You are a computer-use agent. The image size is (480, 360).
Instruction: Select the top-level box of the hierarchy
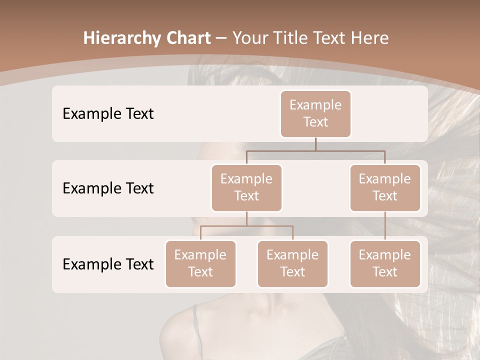tap(315, 113)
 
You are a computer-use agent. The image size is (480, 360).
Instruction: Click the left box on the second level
tap(246, 187)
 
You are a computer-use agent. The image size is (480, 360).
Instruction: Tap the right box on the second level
tap(385, 187)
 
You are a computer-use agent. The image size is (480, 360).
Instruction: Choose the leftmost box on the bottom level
tap(200, 263)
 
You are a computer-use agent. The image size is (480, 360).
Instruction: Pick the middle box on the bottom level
tap(292, 263)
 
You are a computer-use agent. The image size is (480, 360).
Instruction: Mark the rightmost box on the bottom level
tap(385, 263)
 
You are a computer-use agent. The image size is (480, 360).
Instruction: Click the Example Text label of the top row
tap(108, 114)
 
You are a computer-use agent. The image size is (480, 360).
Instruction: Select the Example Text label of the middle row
tap(108, 188)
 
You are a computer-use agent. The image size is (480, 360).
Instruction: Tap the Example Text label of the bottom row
tap(108, 264)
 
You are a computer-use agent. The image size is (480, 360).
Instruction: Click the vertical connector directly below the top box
tap(315, 144)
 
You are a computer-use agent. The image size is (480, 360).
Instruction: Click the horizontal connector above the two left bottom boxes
tap(246, 226)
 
